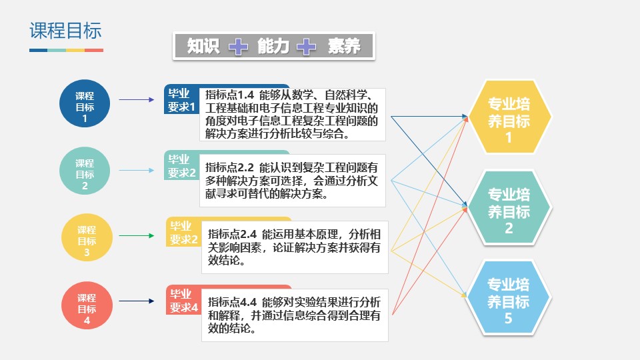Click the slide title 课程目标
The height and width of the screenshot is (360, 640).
65,31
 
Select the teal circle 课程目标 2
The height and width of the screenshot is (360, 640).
85,171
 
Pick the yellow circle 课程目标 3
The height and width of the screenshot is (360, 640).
86,238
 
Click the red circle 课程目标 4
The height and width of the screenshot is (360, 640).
86,305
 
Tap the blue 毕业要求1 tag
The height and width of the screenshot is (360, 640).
181,99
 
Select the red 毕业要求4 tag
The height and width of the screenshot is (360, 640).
183,301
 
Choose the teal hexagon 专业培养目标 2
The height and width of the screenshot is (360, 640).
509,211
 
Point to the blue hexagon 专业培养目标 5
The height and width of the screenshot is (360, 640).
509,301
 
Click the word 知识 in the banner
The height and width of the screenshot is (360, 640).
203,46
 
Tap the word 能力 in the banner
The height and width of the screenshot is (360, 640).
273,46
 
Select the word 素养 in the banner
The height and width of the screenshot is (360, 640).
344,46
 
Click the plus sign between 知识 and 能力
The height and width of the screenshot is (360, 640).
238,46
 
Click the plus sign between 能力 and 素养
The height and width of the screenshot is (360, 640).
307,46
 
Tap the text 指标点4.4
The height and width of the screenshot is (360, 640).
233,300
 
